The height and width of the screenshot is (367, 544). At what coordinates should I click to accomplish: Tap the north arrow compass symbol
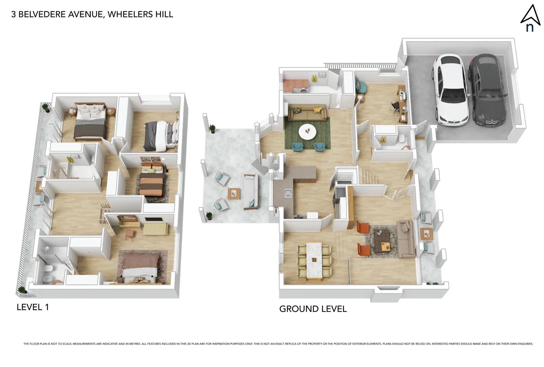coord(530,19)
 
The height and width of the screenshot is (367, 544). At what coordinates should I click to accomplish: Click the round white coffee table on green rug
coord(307,132)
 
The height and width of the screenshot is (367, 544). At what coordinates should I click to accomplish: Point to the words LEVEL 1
coord(33,307)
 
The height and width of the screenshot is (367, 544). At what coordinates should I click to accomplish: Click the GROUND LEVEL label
coord(313,309)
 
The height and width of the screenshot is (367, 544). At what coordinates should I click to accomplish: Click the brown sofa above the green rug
coord(307,113)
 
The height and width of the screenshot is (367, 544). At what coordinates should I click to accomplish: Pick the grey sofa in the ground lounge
coord(406,239)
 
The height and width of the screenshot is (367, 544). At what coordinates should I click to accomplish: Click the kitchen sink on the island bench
coord(288,193)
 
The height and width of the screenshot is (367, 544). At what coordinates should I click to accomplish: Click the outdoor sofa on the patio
coord(250,192)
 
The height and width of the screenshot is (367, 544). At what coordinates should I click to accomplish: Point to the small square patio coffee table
coord(234,194)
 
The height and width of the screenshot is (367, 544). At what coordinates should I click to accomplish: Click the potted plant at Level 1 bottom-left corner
coord(22,290)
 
